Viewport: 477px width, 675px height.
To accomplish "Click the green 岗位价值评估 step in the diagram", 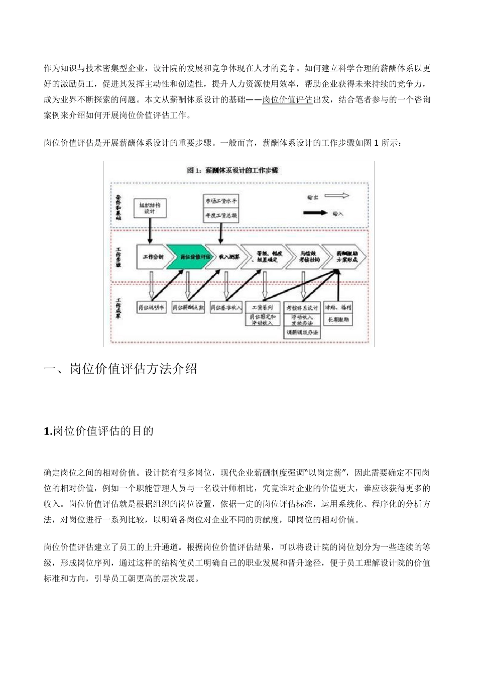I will click(187, 257).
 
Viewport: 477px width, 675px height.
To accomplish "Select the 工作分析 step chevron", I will click(152, 257).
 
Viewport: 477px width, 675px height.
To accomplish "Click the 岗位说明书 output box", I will click(151, 307).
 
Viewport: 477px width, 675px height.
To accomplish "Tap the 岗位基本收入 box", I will click(226, 307).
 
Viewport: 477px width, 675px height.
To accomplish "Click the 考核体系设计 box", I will click(302, 307).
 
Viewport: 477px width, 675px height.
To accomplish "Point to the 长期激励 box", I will click(339, 319).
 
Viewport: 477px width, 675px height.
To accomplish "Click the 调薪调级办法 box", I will click(302, 333).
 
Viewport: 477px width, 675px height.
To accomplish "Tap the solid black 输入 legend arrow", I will click(317, 213).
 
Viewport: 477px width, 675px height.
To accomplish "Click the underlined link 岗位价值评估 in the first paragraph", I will click(288, 99).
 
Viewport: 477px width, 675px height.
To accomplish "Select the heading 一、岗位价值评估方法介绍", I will click(121, 369).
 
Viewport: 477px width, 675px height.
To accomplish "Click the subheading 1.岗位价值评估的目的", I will click(98, 431).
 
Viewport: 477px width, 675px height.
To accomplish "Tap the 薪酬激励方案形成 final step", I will click(344, 257).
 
